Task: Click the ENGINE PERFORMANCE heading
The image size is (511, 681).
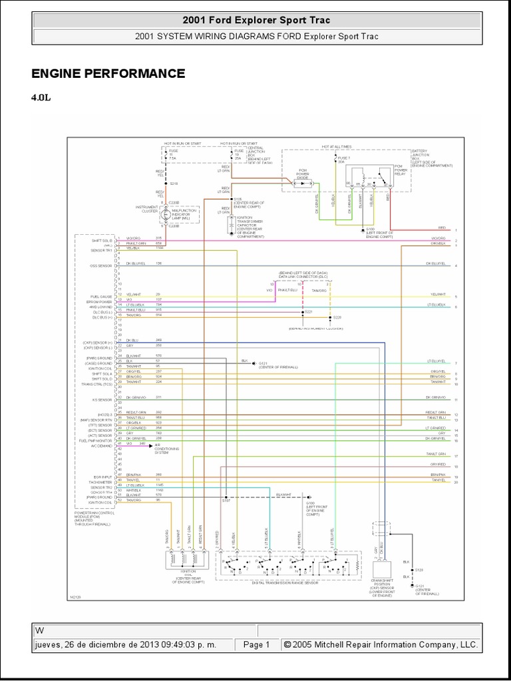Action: click(x=108, y=73)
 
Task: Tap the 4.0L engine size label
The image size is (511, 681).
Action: click(x=41, y=97)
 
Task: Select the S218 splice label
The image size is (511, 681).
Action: click(x=174, y=183)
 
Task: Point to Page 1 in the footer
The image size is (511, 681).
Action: click(x=256, y=644)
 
